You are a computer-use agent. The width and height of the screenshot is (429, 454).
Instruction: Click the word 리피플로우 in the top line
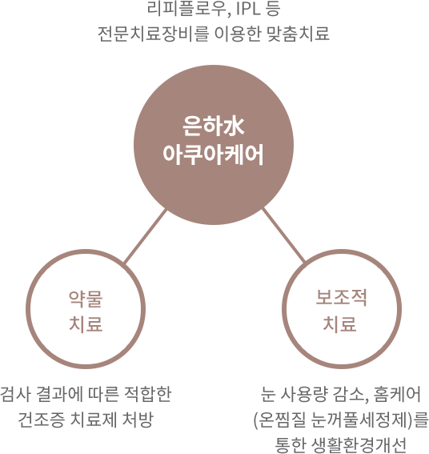coord(187,9)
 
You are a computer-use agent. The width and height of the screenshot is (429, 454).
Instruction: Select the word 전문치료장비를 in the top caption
coord(153,34)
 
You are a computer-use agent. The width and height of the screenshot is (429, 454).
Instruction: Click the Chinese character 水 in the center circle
coord(234,127)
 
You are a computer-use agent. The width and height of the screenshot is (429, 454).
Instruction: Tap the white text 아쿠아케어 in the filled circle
coord(214,155)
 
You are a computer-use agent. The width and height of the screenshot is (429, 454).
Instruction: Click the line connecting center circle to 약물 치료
coord(146,236)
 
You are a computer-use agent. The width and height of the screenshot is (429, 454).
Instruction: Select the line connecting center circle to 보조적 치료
coord(283,235)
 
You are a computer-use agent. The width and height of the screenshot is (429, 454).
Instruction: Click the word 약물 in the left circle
coord(86,299)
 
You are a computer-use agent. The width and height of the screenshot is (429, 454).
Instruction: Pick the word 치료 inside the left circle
coord(86,323)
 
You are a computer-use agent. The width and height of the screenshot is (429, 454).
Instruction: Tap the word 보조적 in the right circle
coord(342,298)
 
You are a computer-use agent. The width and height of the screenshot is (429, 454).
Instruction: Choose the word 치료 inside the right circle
coord(339,323)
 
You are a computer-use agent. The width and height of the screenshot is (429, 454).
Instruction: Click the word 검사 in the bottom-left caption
coord(15,395)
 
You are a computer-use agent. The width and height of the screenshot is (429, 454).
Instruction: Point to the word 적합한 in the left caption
coord(147,395)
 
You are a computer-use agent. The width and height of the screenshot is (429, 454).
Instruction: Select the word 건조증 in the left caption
coord(41,420)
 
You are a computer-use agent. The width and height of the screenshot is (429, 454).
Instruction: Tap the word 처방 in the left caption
coord(138,420)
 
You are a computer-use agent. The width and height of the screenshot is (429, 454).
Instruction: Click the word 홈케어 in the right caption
coord(397,395)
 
